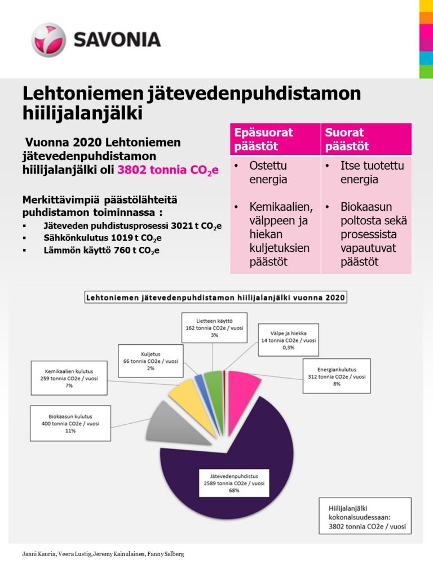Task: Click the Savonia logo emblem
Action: [49, 39]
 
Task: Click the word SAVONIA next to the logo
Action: [117, 39]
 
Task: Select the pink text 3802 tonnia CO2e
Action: [167, 171]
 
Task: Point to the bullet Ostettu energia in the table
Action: [268, 173]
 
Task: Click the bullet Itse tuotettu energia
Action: [366, 173]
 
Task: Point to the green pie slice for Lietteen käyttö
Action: [214, 383]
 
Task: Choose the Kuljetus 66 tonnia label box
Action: [151, 360]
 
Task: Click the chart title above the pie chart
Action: [216, 297]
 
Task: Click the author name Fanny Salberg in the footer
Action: [165, 554]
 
